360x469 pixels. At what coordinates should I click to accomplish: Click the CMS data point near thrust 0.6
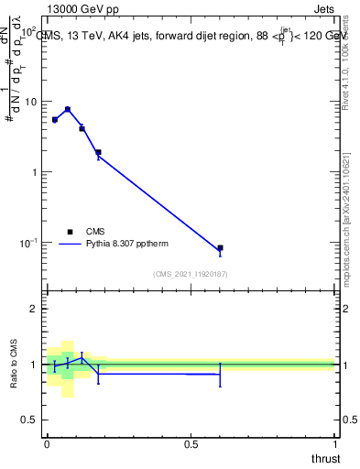point(220,248)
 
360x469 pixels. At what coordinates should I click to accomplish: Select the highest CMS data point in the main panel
point(68,110)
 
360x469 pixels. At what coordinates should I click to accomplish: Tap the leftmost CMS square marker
point(55,120)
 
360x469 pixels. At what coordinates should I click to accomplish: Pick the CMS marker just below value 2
point(98,153)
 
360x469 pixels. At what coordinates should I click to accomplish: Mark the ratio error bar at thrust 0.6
point(220,375)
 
